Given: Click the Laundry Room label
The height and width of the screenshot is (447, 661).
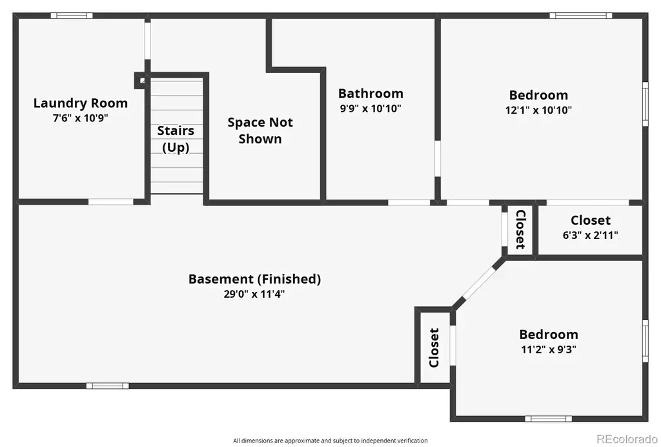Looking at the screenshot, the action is [81, 103].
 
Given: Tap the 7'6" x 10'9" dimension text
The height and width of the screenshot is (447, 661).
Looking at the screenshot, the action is [81, 118].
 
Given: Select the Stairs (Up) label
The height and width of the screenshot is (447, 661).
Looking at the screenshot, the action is [176, 139].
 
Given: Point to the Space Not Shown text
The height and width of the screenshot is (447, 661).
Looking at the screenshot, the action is [260, 130].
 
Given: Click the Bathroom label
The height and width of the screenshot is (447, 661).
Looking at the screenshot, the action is [371, 93].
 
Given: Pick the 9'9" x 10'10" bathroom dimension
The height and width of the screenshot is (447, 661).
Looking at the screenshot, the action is [371, 109].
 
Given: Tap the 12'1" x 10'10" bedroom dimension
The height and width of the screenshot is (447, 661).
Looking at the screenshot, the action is [538, 110].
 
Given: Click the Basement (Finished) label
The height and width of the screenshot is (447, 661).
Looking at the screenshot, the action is [254, 279].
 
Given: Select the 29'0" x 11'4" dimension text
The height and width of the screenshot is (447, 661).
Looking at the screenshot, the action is [254, 294].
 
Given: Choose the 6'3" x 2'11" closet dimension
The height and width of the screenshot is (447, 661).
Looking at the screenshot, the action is [590, 235].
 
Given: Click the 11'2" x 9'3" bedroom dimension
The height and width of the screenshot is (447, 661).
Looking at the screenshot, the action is [549, 349].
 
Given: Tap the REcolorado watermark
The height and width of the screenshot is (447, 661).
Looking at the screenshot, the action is [627, 439].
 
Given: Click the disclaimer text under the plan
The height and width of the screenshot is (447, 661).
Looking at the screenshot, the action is [330, 441].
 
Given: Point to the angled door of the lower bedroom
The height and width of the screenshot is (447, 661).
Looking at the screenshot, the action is [479, 282].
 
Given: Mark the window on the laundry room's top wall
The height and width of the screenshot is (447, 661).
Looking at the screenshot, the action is [72, 16].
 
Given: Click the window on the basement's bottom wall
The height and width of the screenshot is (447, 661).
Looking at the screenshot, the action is [108, 386].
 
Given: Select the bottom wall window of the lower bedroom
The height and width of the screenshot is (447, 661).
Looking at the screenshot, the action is [549, 419].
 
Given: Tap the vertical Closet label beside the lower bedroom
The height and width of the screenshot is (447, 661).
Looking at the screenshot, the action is [434, 348].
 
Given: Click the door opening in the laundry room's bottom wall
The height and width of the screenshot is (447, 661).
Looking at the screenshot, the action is [111, 202].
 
